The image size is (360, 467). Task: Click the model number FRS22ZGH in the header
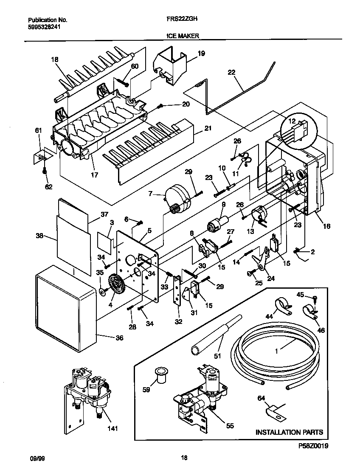180,19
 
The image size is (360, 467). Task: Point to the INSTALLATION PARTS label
289,432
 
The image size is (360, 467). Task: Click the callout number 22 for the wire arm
231,73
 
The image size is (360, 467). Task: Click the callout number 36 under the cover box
120,338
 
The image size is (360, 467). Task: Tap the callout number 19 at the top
201,53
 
